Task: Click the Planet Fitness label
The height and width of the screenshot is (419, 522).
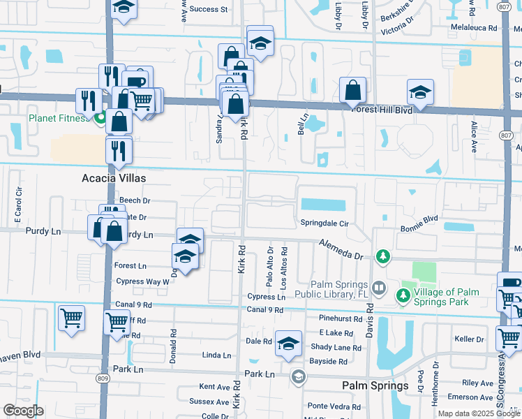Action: coord(59,117)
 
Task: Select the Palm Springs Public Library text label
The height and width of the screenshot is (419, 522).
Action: coord(341,288)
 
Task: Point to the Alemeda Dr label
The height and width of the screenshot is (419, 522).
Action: coord(342,249)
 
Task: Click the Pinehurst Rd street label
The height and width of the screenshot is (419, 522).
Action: coord(337,318)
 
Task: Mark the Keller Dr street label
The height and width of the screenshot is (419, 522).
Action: coord(469,339)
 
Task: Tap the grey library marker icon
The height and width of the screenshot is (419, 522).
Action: coord(378,287)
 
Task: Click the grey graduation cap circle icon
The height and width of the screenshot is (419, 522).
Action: coord(299,378)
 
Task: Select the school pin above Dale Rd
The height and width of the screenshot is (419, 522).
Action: coord(288,343)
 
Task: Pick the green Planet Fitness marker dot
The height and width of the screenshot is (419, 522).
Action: coord(100,117)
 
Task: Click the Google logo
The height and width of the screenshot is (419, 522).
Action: coord(24,411)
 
